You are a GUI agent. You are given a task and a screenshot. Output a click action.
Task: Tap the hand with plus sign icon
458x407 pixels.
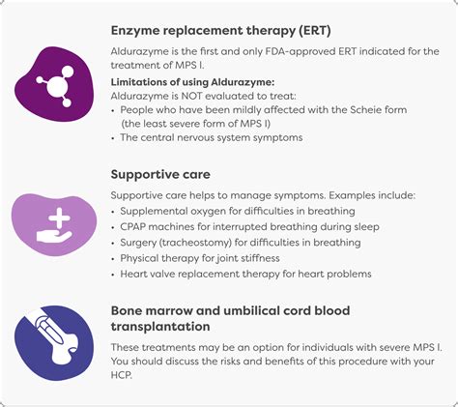point(54,225)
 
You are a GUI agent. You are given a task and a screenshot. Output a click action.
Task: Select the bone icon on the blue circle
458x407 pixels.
point(56,339)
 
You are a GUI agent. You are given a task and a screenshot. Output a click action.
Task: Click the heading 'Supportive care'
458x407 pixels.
point(160,174)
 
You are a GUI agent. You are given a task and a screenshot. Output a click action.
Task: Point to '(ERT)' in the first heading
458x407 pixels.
point(314,31)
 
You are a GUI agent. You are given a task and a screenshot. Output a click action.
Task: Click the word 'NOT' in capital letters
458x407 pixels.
point(191,96)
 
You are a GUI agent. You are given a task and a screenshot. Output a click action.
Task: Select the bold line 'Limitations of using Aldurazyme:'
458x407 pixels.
point(192,82)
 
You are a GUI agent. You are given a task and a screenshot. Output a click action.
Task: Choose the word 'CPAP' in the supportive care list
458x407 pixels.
point(132,227)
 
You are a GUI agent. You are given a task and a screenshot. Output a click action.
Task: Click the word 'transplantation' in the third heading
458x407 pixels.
point(160,327)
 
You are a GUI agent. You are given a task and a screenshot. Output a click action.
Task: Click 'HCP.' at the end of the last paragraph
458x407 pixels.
point(122,375)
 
